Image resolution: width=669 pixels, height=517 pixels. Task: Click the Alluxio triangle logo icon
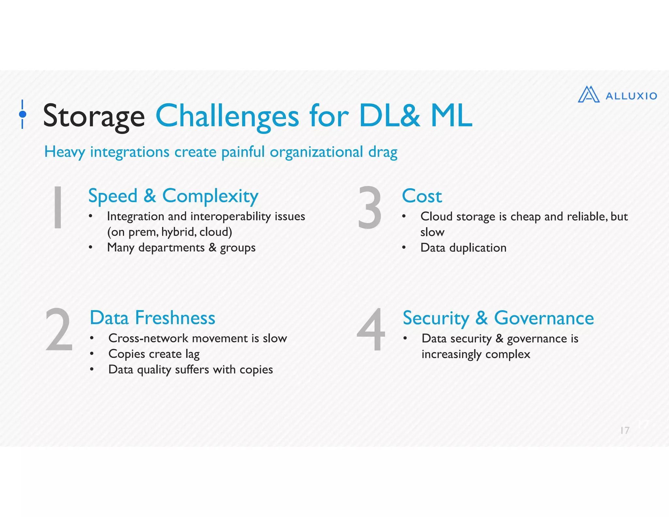589,95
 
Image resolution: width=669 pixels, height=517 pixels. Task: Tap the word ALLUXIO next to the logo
631,96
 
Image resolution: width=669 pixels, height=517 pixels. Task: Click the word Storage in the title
94,116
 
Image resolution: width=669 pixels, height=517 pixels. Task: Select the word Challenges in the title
227,116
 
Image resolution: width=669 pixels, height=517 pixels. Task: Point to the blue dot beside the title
23,114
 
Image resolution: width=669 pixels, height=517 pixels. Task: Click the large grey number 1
58,207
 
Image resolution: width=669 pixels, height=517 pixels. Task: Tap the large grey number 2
59,330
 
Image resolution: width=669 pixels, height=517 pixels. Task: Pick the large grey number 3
370,207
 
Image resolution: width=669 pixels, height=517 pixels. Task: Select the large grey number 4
371,330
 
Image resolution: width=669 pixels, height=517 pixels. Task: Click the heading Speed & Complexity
173,196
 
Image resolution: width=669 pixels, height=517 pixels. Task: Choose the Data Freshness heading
152,318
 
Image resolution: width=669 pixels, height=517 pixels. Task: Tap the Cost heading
422,196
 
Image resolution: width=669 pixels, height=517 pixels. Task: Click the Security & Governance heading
498,318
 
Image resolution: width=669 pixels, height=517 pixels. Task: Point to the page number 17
625,430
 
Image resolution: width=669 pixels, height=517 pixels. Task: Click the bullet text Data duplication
463,248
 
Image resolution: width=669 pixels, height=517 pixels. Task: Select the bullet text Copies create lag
154,354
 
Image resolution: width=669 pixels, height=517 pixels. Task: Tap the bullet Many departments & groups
181,248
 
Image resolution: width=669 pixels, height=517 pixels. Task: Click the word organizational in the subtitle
316,152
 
